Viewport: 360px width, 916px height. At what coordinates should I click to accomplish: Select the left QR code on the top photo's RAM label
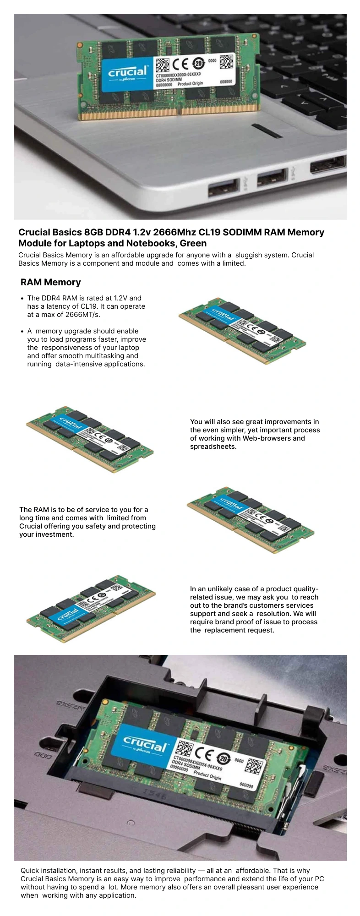pos(162,65)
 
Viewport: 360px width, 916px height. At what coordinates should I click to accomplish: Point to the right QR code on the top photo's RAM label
pos(226,61)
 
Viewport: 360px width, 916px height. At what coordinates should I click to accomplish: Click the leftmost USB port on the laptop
pos(224,187)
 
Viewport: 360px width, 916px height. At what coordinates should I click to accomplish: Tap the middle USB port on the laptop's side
pos(272,178)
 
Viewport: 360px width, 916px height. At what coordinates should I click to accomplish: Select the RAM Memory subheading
pos(51,282)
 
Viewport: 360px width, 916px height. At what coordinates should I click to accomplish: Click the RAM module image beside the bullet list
pos(242,331)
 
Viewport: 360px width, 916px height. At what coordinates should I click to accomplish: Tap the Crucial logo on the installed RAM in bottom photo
pos(145,744)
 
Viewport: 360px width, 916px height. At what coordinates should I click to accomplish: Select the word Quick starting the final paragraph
pos(30,871)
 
